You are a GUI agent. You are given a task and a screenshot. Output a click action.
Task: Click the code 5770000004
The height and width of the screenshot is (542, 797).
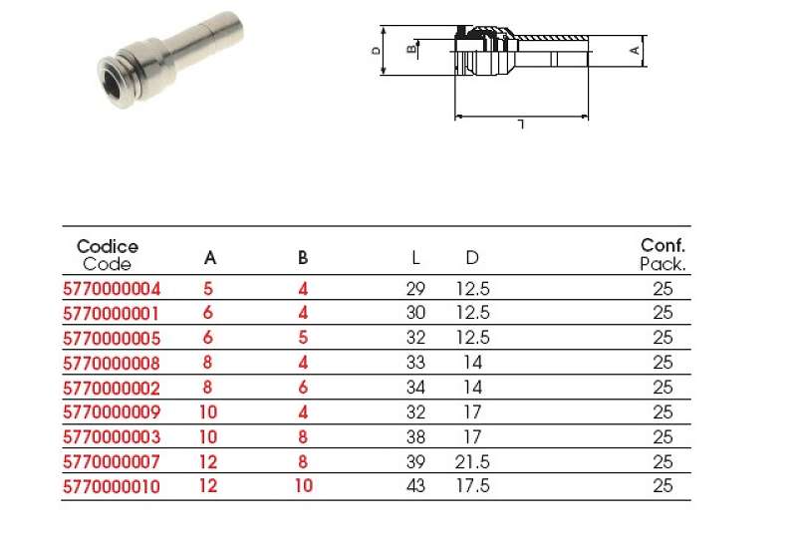112,289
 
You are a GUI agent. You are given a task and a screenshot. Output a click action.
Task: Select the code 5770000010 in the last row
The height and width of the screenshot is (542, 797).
112,486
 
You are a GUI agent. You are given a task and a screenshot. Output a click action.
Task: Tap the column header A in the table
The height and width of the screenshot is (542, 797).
210,258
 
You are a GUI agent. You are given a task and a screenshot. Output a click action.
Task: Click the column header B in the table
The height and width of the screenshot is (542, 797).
303,258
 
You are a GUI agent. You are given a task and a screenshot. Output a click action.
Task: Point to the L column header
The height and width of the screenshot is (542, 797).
415,258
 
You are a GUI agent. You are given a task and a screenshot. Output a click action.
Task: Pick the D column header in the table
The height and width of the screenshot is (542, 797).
472,258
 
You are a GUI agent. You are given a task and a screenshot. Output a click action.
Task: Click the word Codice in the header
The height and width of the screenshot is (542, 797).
108,247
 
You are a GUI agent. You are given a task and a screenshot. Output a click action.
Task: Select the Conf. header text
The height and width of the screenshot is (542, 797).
663,245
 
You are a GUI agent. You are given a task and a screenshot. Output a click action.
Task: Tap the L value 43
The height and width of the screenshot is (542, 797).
415,486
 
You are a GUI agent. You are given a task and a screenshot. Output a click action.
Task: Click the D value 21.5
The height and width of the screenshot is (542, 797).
472,461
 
